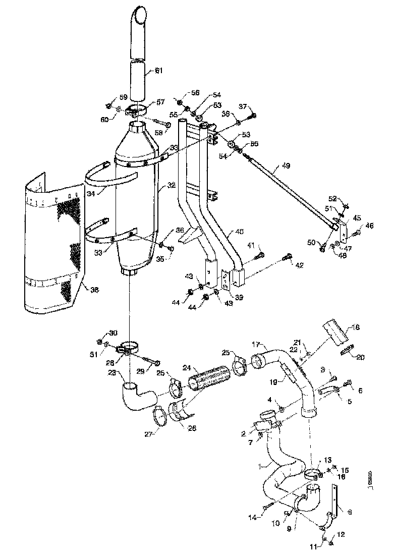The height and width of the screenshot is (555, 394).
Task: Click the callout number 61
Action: click(158, 71)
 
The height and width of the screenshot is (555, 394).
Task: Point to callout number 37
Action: click(243, 106)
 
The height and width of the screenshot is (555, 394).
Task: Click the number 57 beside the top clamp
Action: click(160, 102)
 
